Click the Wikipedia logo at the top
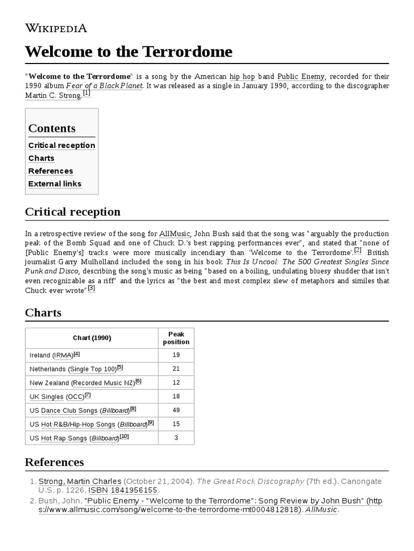[56, 28]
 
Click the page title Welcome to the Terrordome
[129, 52]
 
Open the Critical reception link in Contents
[61, 145]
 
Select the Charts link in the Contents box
[41, 158]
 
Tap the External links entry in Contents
[54, 184]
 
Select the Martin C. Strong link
[53, 95]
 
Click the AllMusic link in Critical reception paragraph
[174, 234]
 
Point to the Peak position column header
[176, 338]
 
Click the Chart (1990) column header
[92, 338]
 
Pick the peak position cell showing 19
[176, 355]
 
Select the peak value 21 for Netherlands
[176, 369]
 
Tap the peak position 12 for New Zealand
[176, 383]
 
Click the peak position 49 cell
[176, 411]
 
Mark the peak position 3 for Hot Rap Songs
[176, 438]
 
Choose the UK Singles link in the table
[47, 397]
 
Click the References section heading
[54, 462]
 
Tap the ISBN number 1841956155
[134, 491]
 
